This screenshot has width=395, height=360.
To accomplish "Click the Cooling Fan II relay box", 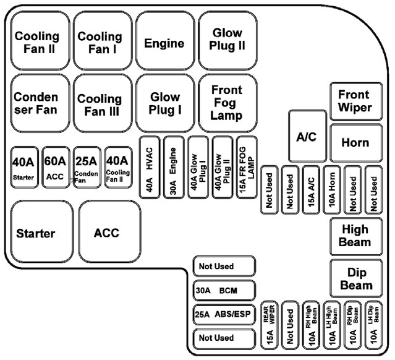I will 37,40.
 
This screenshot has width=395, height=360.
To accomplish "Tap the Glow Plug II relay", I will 228,40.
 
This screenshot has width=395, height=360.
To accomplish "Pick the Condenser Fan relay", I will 37,103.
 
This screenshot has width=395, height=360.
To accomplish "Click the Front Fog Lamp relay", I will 226,103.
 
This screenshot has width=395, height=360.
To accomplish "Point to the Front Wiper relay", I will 354,101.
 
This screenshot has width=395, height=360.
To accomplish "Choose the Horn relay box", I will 354,143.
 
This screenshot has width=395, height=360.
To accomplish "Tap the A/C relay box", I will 306,137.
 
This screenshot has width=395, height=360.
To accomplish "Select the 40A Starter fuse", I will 23,168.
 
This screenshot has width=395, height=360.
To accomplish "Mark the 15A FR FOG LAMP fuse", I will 247,167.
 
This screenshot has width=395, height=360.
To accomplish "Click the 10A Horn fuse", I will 332,190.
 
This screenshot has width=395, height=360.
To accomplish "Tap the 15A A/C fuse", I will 312,190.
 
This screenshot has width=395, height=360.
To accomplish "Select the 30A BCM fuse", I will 224,290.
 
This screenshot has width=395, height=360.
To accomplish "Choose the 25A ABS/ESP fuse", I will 224,314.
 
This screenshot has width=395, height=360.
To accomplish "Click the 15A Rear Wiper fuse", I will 270,325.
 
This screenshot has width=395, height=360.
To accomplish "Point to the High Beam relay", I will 354,235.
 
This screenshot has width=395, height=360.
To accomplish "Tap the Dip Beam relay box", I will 354,278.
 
